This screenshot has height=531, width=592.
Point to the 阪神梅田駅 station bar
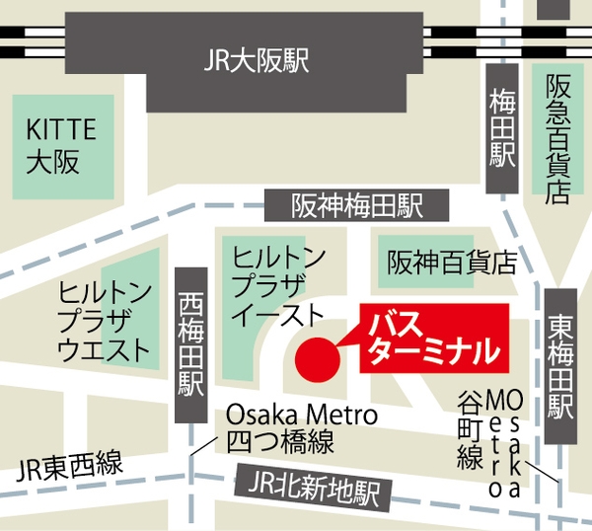click(357, 205)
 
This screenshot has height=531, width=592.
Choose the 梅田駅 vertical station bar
click(503, 126)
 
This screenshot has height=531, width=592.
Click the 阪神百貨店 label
click(452, 263)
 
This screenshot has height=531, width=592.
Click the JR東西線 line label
click(70, 464)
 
